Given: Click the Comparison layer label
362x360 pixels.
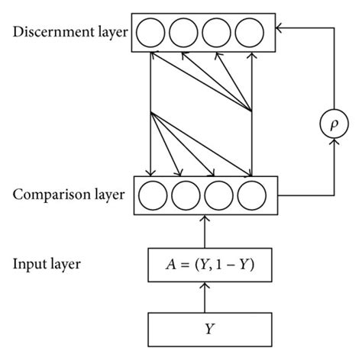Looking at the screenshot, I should click(x=66, y=195).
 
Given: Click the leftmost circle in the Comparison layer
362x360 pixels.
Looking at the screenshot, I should click(x=153, y=196).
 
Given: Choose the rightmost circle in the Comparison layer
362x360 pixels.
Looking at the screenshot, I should click(x=251, y=196).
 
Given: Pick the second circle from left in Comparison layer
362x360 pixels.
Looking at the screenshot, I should click(x=186, y=196).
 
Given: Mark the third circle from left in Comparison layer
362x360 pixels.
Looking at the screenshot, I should click(x=218, y=196).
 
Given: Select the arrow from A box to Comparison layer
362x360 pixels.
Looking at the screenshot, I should click(x=204, y=230).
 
